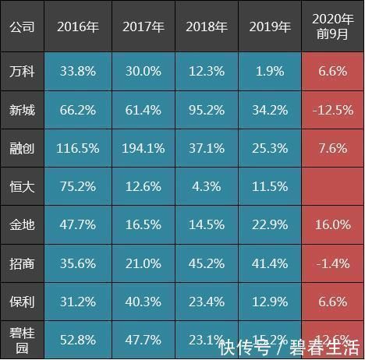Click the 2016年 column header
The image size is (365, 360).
77,26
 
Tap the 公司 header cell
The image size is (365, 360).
22,26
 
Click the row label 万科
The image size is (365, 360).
22,72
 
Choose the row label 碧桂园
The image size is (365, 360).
22,340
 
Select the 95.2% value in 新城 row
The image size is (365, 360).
206,109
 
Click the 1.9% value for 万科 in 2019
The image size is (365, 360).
270,72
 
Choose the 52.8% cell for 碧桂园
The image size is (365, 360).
77,340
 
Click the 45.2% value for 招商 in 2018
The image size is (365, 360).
206,263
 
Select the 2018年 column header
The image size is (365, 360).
206,26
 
